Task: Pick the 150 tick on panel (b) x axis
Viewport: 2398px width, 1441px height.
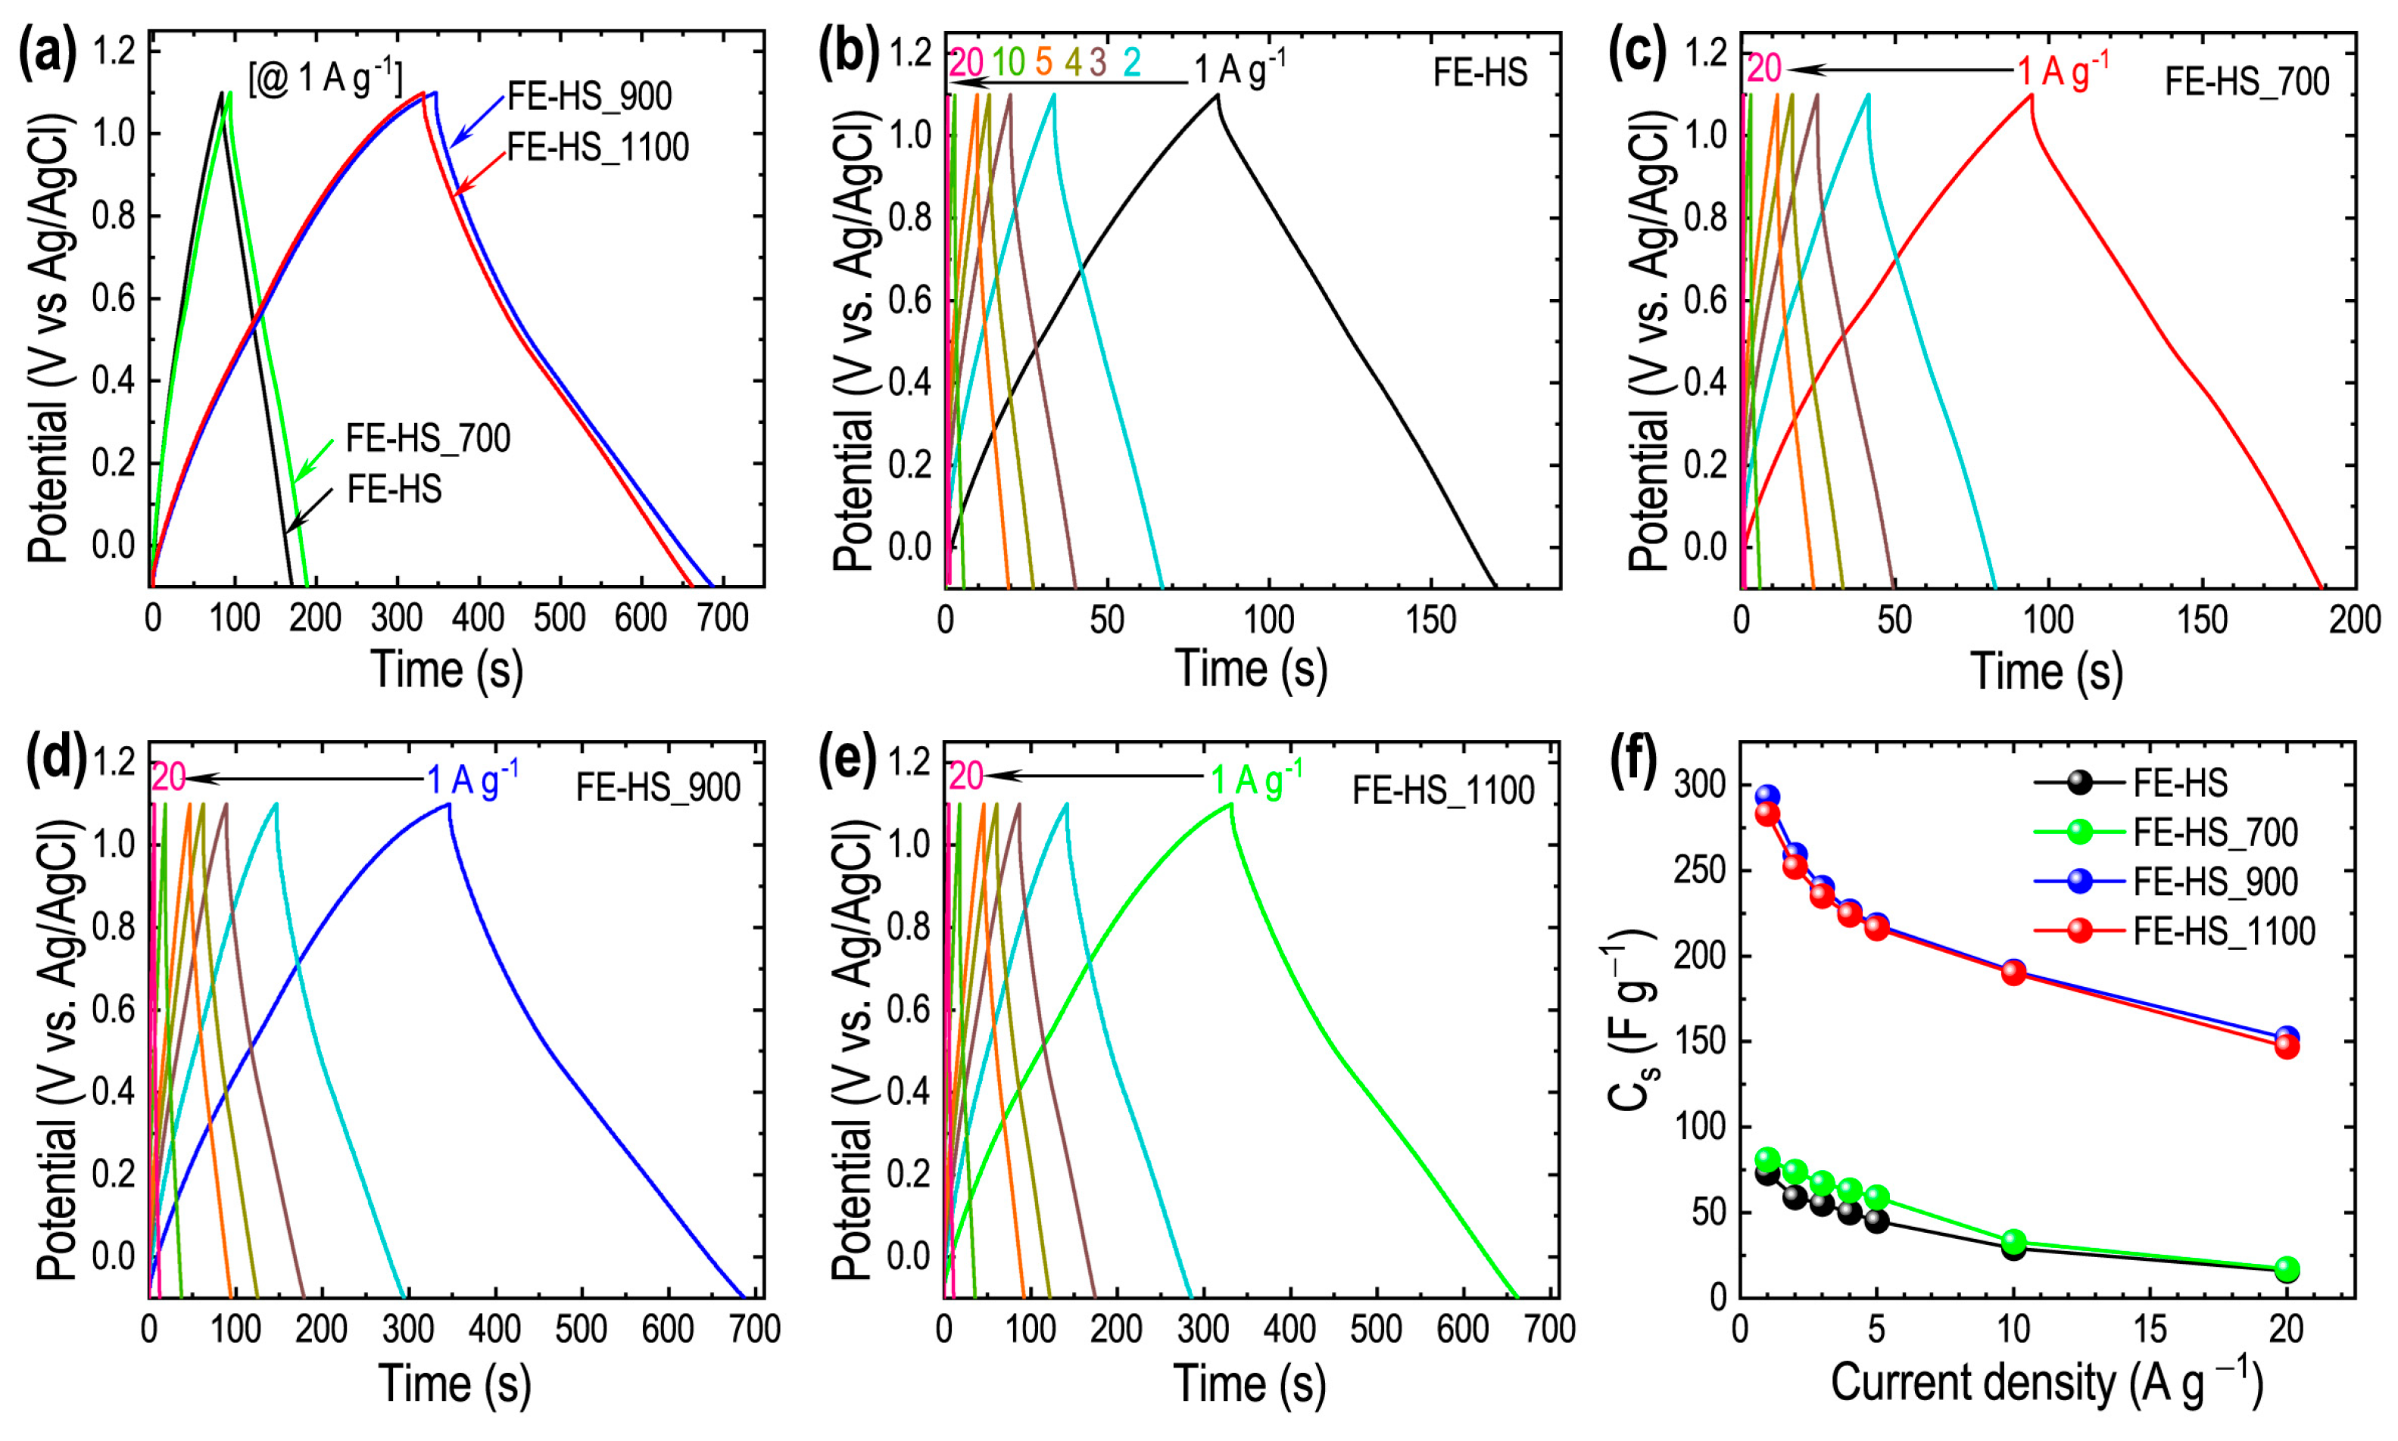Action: pos(1430,621)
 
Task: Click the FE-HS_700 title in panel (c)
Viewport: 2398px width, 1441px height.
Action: pos(2247,82)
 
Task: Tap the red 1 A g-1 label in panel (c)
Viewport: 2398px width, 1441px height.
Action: pos(2062,70)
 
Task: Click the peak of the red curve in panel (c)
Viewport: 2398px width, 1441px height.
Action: pos(2031,94)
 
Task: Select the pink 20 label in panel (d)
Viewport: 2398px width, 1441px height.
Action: pos(168,778)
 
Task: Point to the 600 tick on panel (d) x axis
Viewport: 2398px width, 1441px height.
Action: pos(669,1329)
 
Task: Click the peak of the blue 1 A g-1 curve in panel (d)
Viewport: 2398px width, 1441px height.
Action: pos(449,804)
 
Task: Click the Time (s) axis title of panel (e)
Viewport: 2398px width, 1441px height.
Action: pos(1249,1383)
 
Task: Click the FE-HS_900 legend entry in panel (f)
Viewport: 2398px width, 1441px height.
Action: pos(2216,882)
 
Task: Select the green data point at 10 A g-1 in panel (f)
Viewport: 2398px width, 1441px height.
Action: pos(2013,1241)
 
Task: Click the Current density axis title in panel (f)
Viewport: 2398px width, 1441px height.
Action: pos(2047,1383)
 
